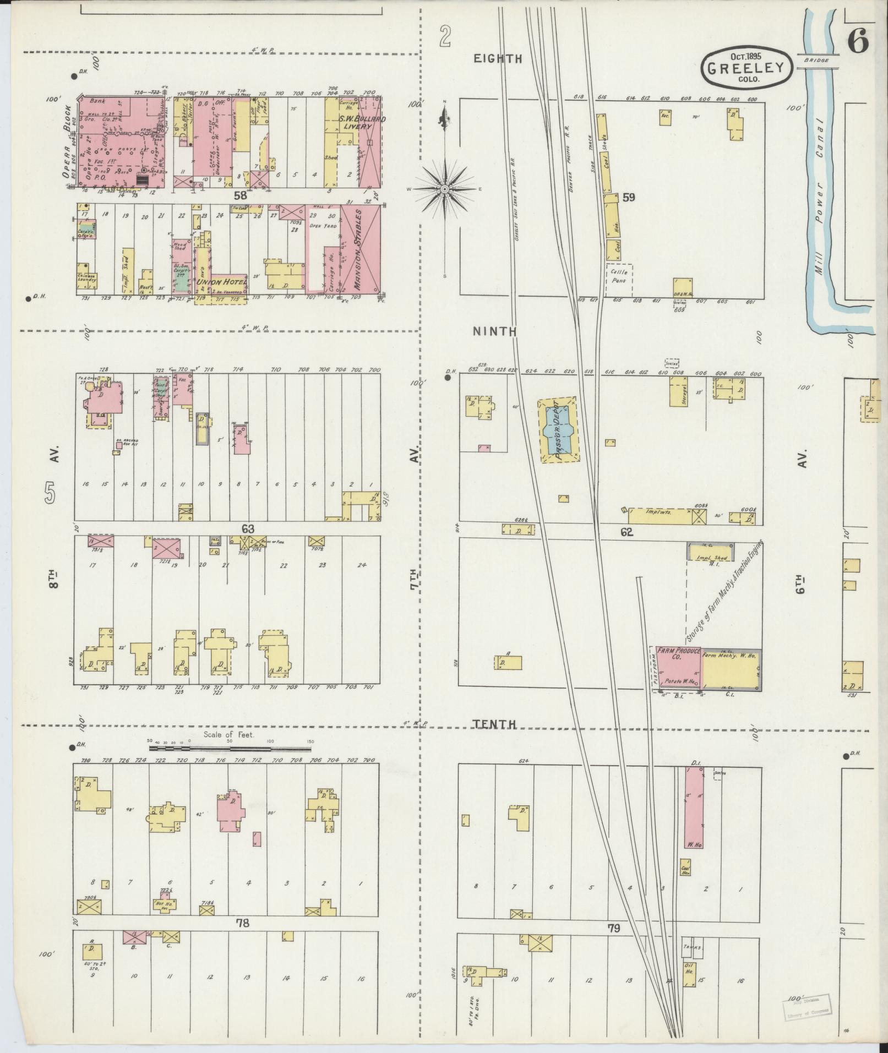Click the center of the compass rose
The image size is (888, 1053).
pyautogui.click(x=444, y=189)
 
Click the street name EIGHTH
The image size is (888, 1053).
pyautogui.click(x=498, y=58)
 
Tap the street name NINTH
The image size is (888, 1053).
pyautogui.click(x=495, y=331)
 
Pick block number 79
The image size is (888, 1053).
pyautogui.click(x=614, y=929)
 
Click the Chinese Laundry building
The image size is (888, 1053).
pyautogui.click(x=86, y=278)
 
